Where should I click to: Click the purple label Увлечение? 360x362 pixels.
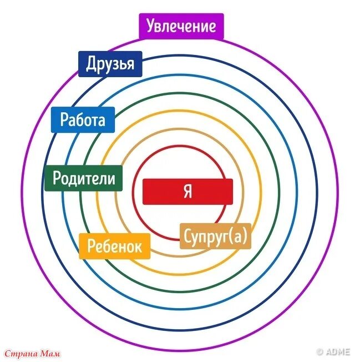click(181, 26)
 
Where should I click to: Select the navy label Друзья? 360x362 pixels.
click(110, 64)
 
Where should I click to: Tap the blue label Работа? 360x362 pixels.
click(82, 119)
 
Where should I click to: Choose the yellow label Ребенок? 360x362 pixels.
click(115, 246)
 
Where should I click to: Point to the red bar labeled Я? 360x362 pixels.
click(188, 192)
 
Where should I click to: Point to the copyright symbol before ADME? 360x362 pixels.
click(320, 351)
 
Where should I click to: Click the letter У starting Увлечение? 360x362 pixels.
click(151, 26)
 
